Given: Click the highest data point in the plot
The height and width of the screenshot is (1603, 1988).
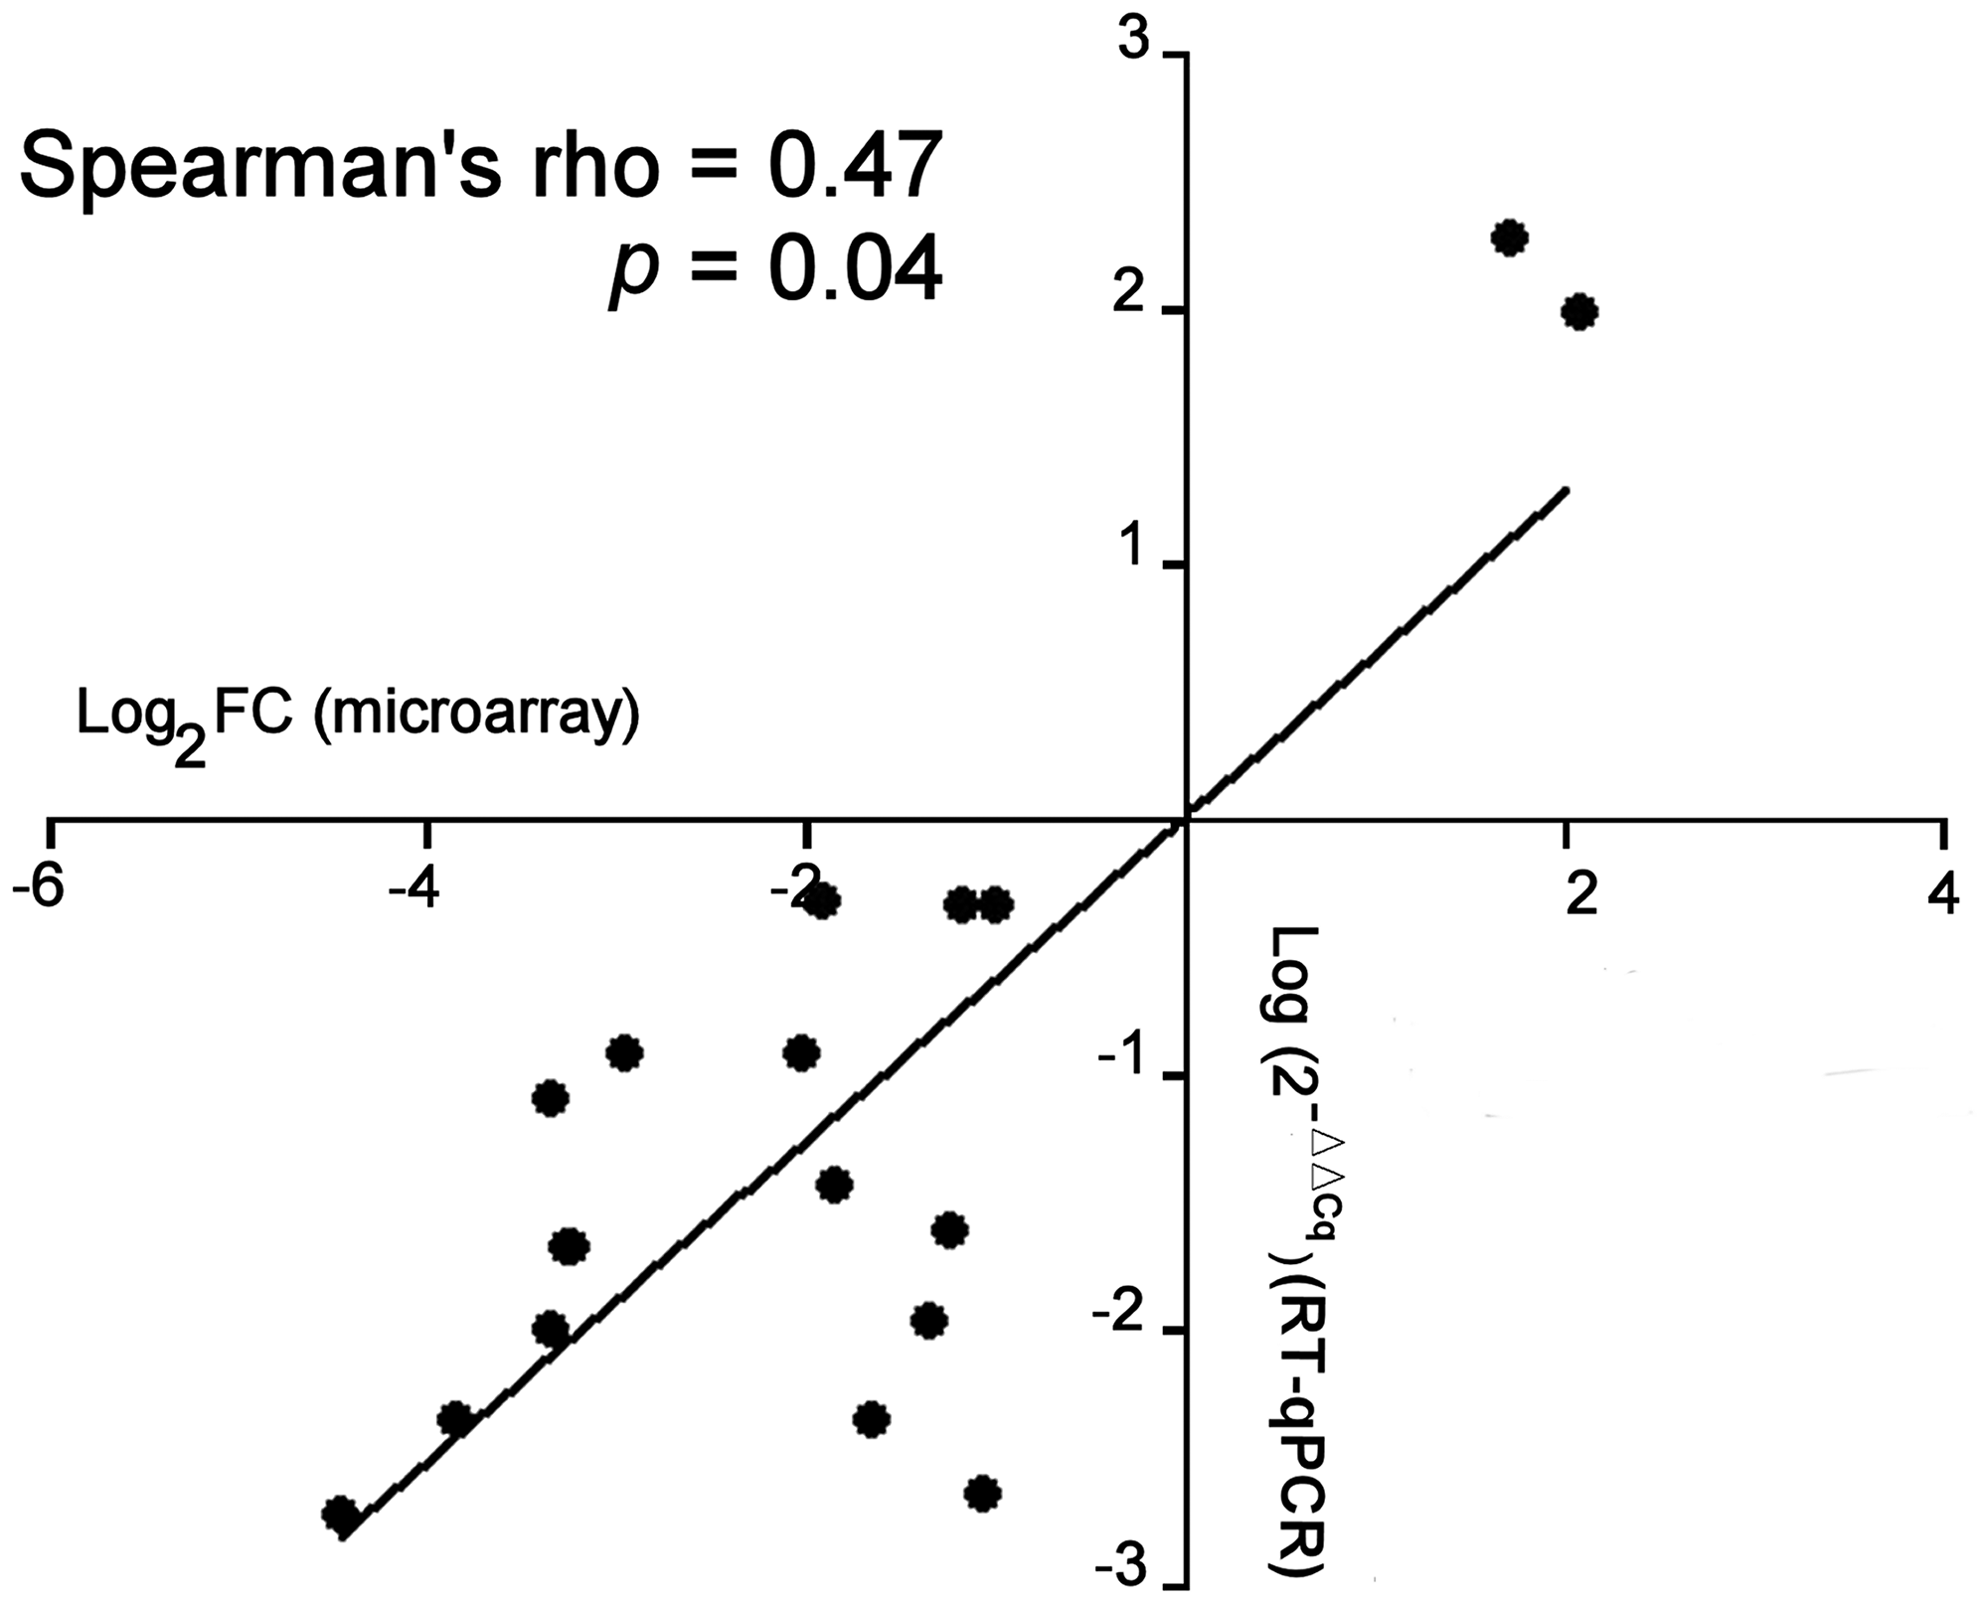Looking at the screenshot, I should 1510,238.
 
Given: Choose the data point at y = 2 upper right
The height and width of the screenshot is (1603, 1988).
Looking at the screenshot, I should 1579,312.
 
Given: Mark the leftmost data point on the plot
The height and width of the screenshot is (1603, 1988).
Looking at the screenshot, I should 341,1514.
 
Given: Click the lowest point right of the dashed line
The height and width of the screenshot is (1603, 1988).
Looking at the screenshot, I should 982,1493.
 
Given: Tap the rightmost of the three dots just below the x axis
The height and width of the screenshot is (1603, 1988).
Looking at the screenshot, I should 996,904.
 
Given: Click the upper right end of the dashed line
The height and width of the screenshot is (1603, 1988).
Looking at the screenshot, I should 1566,490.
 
